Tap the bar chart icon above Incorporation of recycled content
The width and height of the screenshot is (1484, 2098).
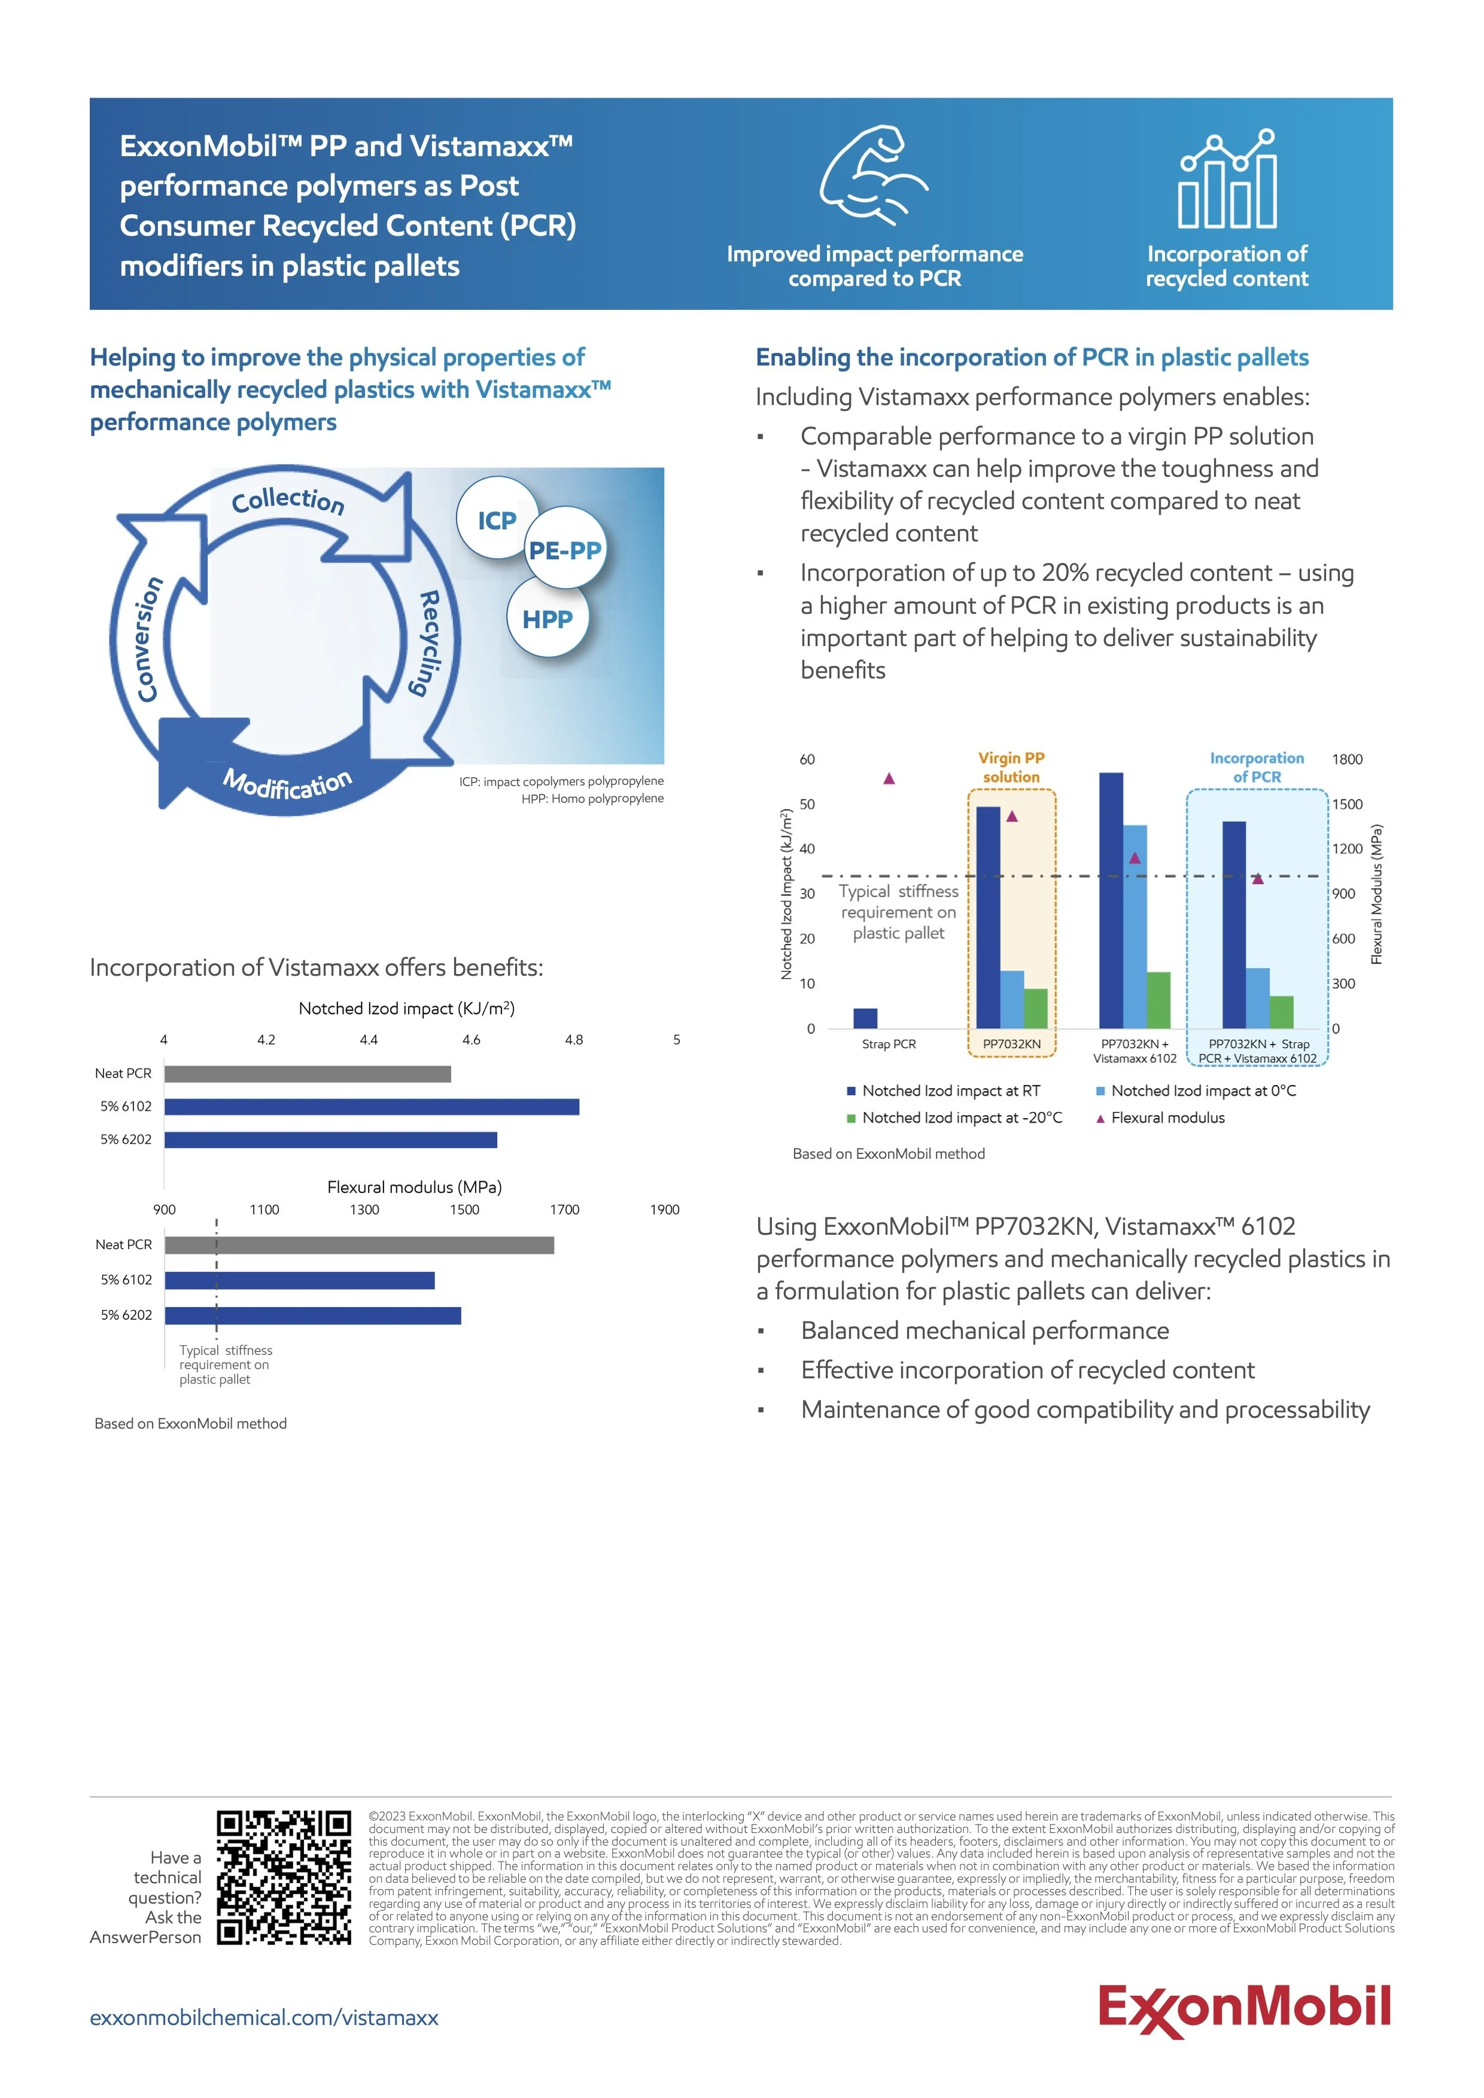pyautogui.click(x=1227, y=179)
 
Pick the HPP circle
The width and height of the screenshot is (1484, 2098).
pyautogui.click(x=548, y=619)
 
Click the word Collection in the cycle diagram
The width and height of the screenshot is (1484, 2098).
pyautogui.click(x=288, y=501)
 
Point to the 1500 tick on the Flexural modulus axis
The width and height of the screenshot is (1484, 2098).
pyautogui.click(x=464, y=1210)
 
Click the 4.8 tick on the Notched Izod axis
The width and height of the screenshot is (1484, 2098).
pyautogui.click(x=574, y=1040)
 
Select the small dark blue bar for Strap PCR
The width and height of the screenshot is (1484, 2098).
pyautogui.click(x=865, y=1018)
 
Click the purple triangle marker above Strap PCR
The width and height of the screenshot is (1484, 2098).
pyautogui.click(x=888, y=778)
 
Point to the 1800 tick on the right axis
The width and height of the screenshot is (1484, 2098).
pyautogui.click(x=1347, y=759)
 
